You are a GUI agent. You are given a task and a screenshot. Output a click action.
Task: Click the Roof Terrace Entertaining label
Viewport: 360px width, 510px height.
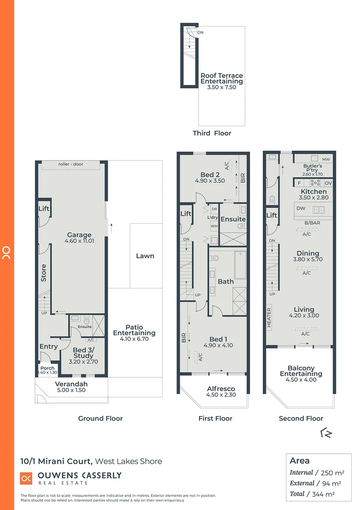click(221, 78)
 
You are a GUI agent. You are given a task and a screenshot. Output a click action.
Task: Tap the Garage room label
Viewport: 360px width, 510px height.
click(79, 235)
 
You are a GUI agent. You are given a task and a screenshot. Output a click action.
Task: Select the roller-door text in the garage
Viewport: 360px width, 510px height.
click(71, 165)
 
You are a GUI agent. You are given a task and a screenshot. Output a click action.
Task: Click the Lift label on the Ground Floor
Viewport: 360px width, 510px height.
click(44, 209)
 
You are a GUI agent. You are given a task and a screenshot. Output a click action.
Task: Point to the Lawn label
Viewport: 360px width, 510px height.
click(145, 256)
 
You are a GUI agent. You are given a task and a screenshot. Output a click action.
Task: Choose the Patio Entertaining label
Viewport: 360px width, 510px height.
click(134, 330)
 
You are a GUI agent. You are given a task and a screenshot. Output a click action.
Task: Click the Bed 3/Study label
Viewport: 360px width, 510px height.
click(83, 353)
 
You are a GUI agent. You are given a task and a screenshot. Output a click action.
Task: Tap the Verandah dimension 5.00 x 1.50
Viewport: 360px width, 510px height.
click(71, 391)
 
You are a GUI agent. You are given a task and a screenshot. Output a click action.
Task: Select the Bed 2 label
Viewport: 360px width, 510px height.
click(210, 174)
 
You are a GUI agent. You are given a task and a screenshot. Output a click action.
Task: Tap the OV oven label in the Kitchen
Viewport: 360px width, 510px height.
click(328, 183)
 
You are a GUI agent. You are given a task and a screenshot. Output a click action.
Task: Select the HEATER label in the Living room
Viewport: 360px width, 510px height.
click(269, 318)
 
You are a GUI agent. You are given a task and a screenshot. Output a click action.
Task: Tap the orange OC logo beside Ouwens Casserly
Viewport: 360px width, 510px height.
click(26, 478)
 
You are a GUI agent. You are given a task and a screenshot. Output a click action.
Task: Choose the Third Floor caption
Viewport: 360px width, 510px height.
click(212, 133)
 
